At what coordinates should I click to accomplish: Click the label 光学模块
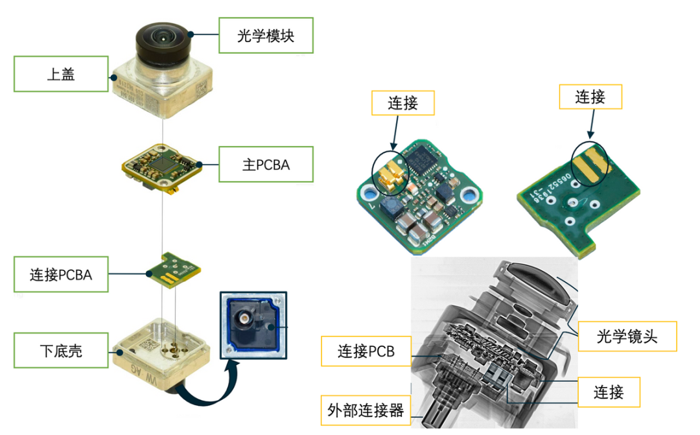coord(266,35)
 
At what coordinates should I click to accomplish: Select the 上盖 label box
coord(61,74)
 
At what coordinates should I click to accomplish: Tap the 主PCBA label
coord(266,165)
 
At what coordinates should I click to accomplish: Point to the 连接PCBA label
coord(61,274)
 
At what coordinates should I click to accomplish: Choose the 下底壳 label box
coord(61,352)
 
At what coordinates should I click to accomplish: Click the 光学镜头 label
coord(627,336)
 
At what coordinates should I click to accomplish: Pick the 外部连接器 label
coord(366,410)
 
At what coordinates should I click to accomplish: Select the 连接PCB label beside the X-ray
coord(366,352)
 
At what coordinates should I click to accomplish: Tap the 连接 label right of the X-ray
coord(609,392)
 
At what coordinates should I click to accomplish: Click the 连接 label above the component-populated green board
coord(402,103)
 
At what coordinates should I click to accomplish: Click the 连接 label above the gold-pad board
coord(590,97)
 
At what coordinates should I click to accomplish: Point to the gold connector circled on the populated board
coord(390,176)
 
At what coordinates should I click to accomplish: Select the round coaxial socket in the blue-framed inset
coord(244,320)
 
